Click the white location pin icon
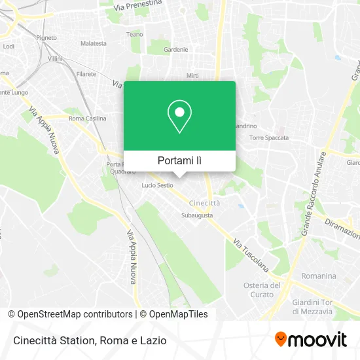(179, 117)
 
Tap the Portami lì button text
(179, 160)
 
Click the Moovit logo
(311, 339)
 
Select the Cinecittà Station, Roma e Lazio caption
(88, 340)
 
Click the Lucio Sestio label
(158, 185)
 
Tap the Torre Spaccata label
(268, 138)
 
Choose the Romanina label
(318, 276)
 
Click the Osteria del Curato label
(262, 289)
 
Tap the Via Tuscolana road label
(251, 255)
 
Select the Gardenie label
(176, 49)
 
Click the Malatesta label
(93, 43)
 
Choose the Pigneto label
(46, 38)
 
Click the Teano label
(134, 34)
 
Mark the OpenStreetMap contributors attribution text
(74, 314)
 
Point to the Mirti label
(192, 76)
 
